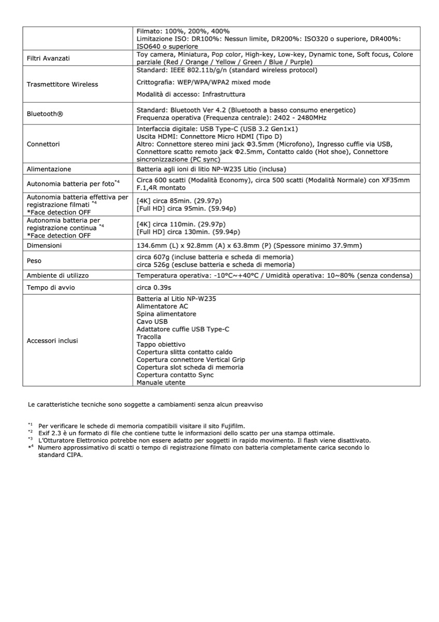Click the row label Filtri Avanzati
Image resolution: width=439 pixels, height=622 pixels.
(x=48, y=58)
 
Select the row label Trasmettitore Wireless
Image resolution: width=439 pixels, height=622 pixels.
(x=62, y=84)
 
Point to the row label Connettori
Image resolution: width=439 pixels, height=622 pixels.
(x=43, y=144)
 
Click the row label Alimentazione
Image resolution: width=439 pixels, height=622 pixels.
(x=49, y=169)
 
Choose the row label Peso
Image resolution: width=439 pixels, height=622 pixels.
(x=35, y=261)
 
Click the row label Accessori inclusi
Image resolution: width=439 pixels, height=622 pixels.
(x=52, y=341)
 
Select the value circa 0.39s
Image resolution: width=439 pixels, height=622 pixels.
(x=154, y=287)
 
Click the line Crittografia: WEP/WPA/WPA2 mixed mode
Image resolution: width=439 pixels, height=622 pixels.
(x=203, y=82)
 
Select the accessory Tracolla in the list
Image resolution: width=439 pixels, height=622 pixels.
(x=149, y=337)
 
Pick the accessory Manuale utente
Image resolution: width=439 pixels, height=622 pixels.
(x=160, y=383)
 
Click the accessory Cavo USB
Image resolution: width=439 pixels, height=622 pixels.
(x=152, y=321)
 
